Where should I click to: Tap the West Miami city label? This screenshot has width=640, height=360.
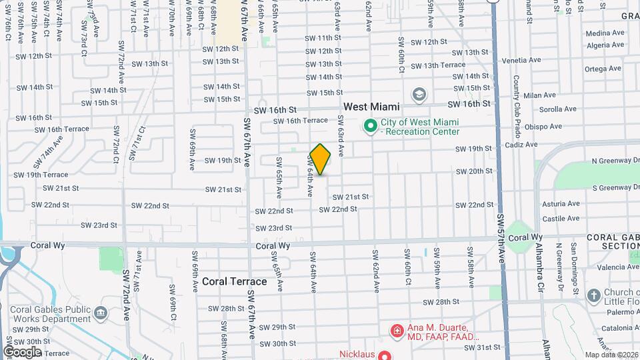[371, 107]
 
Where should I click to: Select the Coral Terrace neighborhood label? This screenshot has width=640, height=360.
[234, 281]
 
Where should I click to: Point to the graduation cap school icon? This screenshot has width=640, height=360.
[419, 93]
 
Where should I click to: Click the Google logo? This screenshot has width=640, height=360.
[22, 351]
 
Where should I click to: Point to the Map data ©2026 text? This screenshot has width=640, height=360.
[611, 355]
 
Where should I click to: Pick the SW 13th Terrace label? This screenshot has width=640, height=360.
[438, 65]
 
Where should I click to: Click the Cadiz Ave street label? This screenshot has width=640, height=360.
[521, 144]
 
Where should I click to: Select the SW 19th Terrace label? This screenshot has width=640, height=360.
[41, 175]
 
